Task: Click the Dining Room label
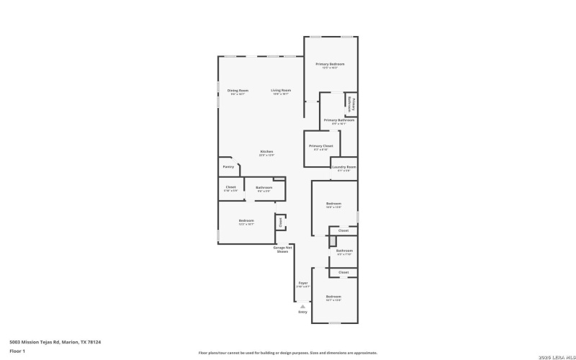click(x=238, y=90)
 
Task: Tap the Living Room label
click(x=281, y=90)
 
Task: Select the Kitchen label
click(x=266, y=151)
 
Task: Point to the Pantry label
click(x=228, y=166)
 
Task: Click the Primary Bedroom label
click(x=330, y=64)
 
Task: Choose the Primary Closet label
click(x=321, y=146)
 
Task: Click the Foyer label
click(x=303, y=283)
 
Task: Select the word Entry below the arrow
click(x=302, y=312)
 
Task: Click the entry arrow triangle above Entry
click(x=302, y=305)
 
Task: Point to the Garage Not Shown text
click(x=282, y=250)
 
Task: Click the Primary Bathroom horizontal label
click(x=339, y=120)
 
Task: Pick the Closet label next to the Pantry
click(x=230, y=187)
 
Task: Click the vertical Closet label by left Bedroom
click(x=280, y=222)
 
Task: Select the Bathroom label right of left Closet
click(x=264, y=187)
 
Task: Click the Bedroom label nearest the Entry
click(x=333, y=297)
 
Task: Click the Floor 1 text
click(x=17, y=351)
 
